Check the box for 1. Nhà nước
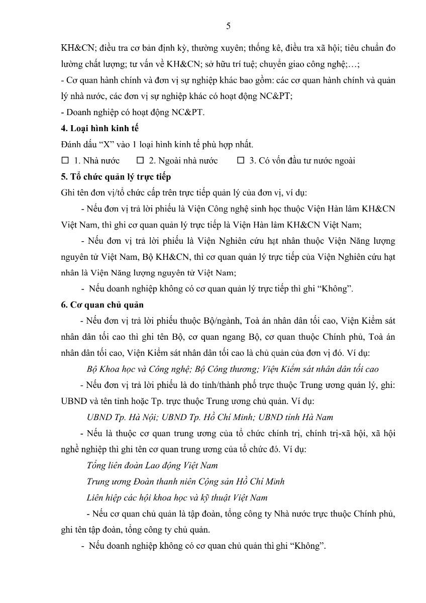pos(65,161)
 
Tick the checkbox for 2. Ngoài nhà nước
pos(140,161)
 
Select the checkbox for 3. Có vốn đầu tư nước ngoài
pos(241,161)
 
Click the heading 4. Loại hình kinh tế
pos(99,129)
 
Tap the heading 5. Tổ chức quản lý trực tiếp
pos(116,177)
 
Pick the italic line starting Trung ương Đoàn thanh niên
pos(185,481)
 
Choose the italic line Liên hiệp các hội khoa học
pos(177,497)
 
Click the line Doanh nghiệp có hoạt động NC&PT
pos(133,113)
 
